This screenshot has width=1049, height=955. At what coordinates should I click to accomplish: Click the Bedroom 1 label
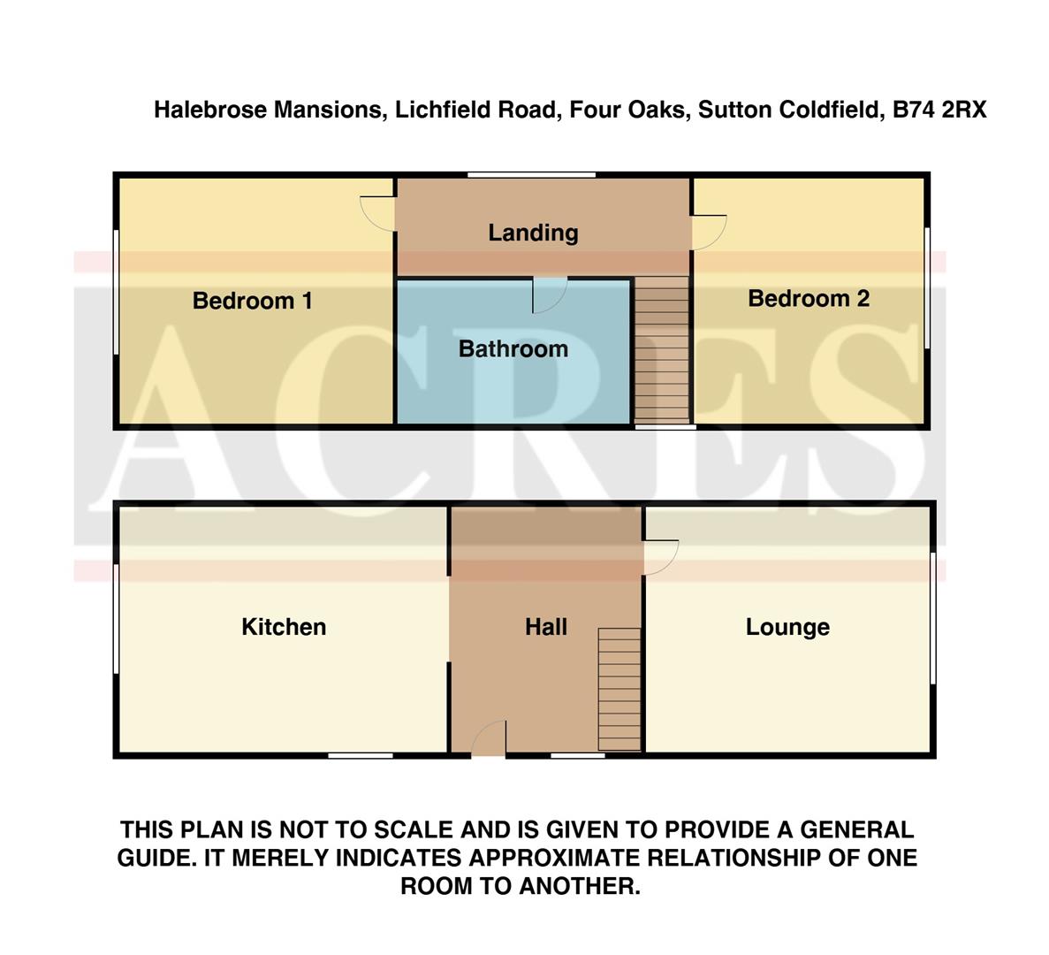(252, 301)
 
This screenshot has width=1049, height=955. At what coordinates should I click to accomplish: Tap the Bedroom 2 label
(808, 298)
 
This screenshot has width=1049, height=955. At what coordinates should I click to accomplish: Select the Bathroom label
(513, 348)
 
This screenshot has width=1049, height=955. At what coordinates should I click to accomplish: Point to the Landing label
(533, 233)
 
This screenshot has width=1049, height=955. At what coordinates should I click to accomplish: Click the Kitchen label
(284, 627)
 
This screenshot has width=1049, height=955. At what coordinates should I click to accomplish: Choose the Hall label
(545, 627)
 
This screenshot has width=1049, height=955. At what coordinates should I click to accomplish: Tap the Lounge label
(787, 627)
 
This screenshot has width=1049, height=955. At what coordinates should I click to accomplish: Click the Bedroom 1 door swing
(377, 213)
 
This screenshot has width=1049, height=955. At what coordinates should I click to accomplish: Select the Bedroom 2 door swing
(708, 232)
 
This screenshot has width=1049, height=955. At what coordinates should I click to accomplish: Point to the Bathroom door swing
(548, 295)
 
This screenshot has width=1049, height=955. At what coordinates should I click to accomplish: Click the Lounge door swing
(660, 558)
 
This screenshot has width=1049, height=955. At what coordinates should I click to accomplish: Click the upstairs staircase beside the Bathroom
(661, 349)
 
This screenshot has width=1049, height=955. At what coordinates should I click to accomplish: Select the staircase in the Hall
(620, 689)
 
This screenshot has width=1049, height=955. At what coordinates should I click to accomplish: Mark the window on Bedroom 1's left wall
(115, 293)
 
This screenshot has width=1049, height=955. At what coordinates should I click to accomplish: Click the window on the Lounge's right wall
(933, 617)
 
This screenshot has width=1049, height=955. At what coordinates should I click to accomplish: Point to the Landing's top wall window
(531, 175)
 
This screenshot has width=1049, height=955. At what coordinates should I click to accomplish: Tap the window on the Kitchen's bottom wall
(361, 755)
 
